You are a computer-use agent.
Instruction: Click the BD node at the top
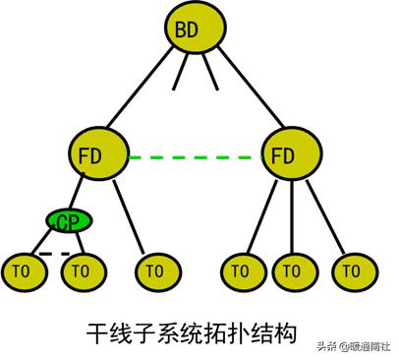pos(187,31)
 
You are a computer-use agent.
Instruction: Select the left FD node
pos(99,154)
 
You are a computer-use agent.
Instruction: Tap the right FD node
pos(284,154)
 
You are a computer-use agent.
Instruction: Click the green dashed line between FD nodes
pos(193,155)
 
